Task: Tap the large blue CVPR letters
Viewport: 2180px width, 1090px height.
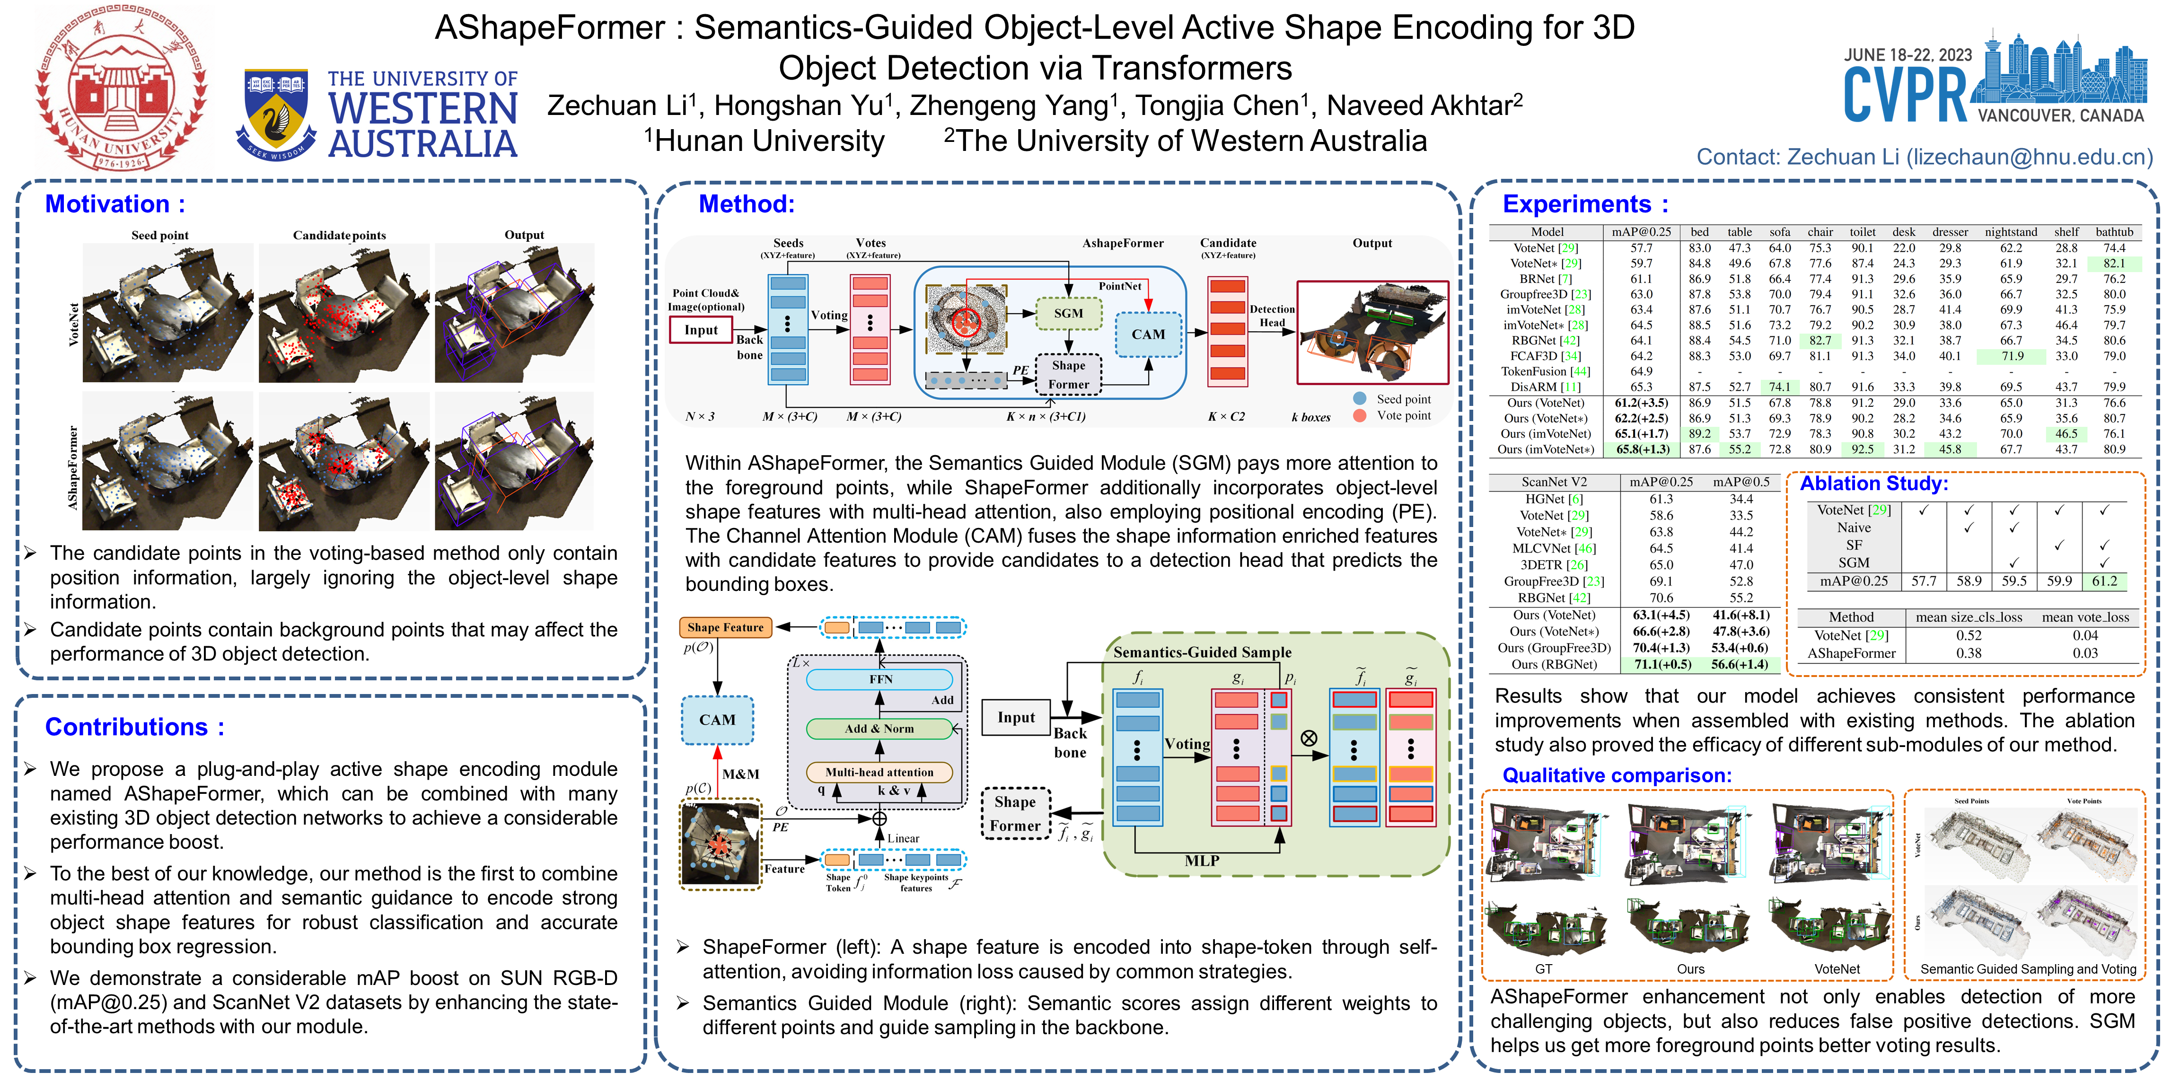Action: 1905,95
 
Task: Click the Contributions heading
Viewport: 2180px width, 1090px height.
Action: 134,727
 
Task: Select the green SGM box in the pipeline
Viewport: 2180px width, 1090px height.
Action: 1068,313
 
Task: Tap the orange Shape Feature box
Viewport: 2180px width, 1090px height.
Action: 725,627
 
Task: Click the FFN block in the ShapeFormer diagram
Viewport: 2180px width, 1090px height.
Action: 880,679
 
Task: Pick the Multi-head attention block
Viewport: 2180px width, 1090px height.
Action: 879,772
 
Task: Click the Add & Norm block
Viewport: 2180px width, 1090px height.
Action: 879,729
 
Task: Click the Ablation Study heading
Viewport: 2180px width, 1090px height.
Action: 1873,483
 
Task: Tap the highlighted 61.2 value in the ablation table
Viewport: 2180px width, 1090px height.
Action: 2104,581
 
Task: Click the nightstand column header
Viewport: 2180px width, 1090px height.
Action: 2011,232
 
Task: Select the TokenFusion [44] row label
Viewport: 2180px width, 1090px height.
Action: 1545,371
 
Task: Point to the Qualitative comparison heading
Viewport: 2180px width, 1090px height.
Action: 1617,775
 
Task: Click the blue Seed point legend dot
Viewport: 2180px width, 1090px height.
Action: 1360,399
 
